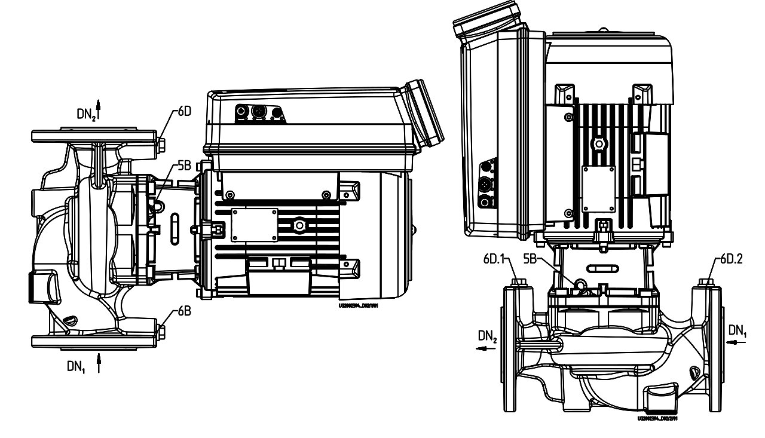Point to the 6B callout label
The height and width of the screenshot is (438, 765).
(x=183, y=311)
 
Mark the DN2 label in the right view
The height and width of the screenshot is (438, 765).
(x=487, y=337)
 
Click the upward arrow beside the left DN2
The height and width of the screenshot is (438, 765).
(x=99, y=108)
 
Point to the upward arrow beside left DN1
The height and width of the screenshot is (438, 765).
(x=99, y=363)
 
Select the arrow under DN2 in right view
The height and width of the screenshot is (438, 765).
(x=486, y=352)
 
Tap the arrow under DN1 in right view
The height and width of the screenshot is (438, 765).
(x=736, y=342)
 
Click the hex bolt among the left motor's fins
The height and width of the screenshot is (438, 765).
(x=298, y=225)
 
